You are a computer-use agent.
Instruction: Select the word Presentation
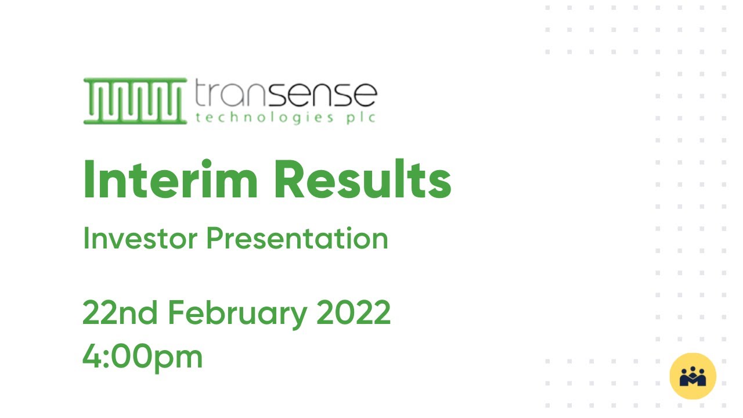(x=297, y=239)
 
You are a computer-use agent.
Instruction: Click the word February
(x=237, y=314)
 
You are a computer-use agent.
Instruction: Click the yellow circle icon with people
(x=692, y=376)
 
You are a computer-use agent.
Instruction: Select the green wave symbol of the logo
(x=135, y=101)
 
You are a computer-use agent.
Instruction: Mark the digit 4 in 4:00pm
(x=93, y=356)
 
